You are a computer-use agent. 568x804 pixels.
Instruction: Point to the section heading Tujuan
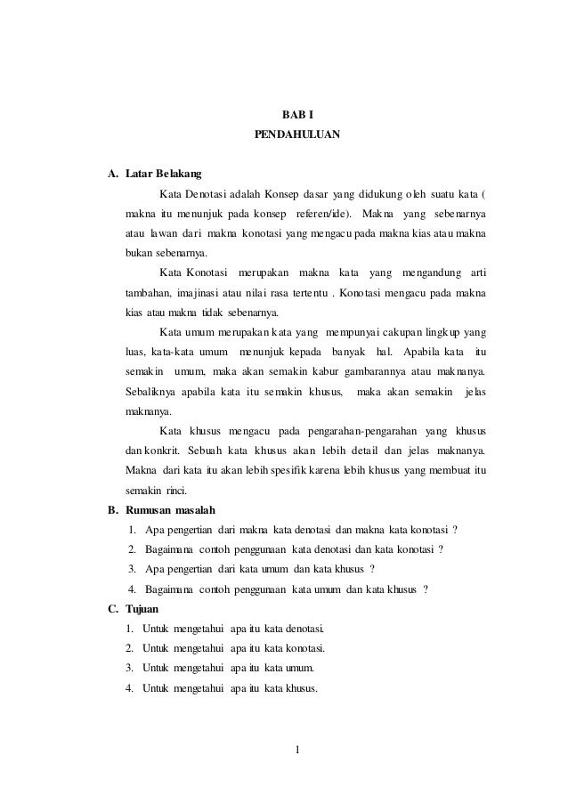[x=142, y=609]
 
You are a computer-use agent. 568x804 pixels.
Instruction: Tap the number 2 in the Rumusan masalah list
[x=133, y=549]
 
